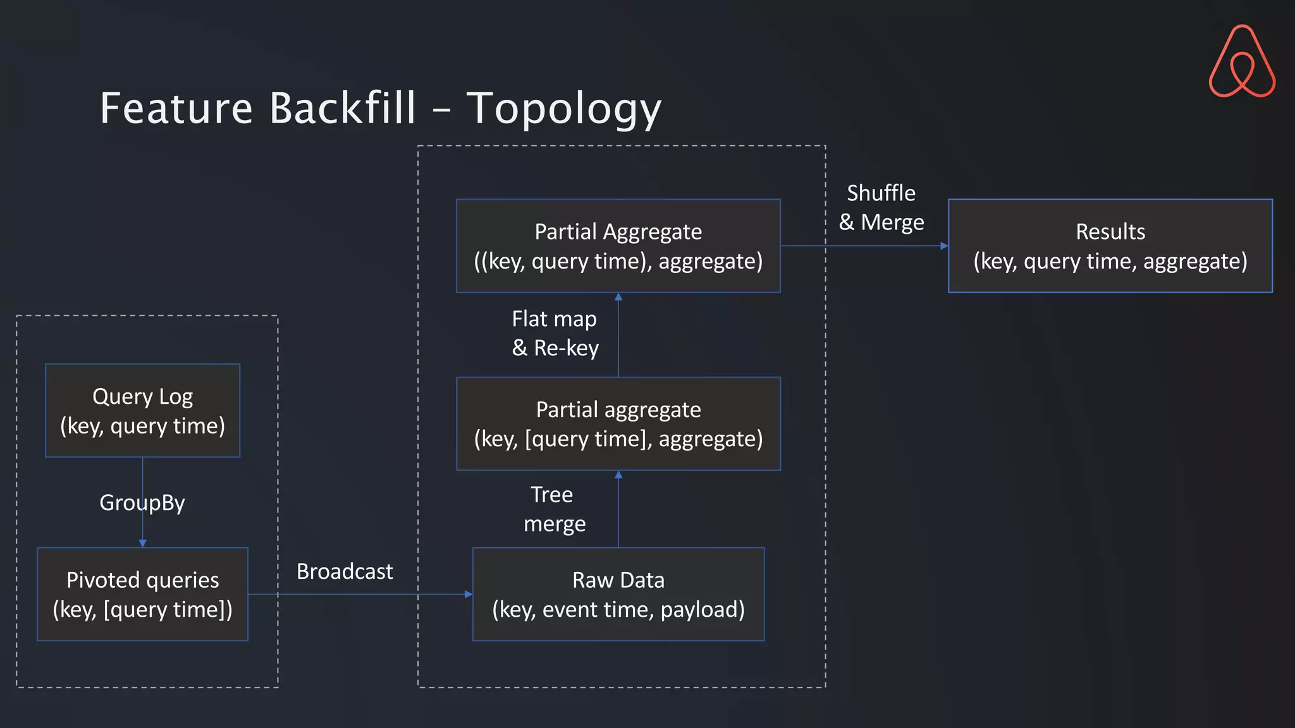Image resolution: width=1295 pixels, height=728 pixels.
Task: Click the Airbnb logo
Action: [1242, 62]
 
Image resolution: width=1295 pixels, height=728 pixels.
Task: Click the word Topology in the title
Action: [563, 109]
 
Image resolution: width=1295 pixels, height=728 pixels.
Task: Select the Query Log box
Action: [142, 410]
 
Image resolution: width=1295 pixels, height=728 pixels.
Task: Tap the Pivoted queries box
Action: [142, 594]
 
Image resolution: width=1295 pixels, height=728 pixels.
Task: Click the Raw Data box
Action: [618, 594]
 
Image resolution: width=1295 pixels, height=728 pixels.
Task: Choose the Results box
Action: [1110, 246]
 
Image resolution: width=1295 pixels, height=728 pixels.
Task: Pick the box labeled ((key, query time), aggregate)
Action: [618, 246]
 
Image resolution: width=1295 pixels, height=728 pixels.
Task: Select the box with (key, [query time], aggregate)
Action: [618, 423]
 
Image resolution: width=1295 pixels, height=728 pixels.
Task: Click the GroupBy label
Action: [142, 503]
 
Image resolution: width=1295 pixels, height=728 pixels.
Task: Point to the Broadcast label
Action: [345, 571]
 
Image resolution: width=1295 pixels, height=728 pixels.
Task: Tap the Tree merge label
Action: [554, 509]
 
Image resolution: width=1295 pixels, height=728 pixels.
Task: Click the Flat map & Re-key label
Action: [555, 333]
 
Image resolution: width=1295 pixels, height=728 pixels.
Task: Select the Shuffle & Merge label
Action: [881, 207]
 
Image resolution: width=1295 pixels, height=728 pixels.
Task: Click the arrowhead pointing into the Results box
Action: [944, 246]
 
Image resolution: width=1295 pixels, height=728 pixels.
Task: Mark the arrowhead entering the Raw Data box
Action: [469, 594]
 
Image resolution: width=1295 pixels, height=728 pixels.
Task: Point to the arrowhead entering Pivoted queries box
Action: [142, 543]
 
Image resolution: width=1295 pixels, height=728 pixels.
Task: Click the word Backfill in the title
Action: [343, 109]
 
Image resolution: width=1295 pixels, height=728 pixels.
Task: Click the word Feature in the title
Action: [176, 109]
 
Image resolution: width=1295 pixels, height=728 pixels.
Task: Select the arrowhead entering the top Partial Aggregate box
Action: [618, 297]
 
